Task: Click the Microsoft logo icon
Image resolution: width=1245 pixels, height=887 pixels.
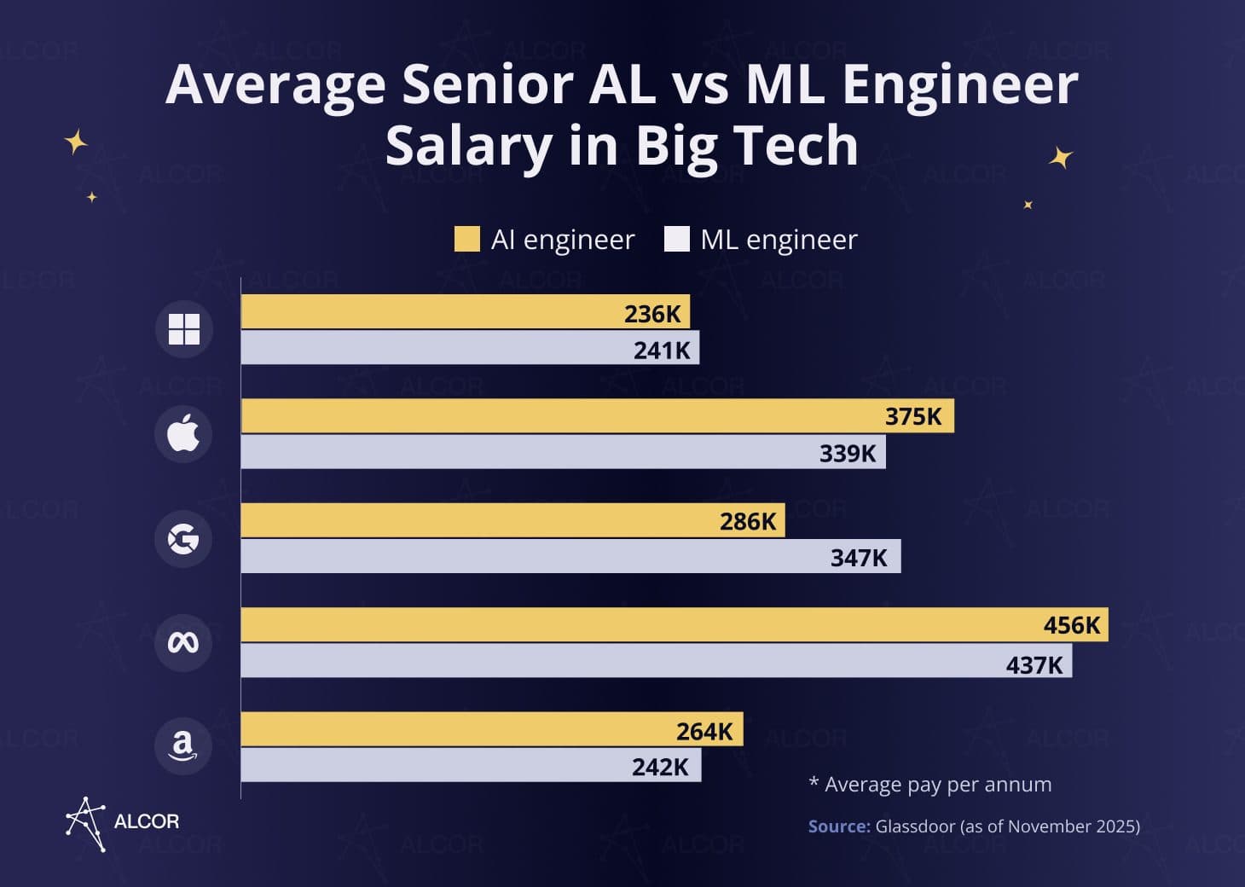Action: click(x=183, y=329)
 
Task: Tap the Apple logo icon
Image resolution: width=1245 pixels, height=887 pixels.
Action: click(x=183, y=434)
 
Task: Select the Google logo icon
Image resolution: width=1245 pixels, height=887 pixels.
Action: click(x=183, y=538)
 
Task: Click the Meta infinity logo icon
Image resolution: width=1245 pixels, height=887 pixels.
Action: click(x=183, y=642)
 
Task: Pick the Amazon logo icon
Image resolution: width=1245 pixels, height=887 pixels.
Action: click(x=183, y=746)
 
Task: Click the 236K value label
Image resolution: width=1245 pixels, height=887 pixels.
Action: click(x=652, y=314)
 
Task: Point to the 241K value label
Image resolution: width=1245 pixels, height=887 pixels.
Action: click(x=662, y=350)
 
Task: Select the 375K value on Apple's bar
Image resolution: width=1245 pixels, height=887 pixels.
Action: click(x=913, y=416)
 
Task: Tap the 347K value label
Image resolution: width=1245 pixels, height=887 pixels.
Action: click(x=859, y=558)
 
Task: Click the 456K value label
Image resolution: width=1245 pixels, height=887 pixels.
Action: click(x=1072, y=625)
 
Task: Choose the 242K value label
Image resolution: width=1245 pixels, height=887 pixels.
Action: click(x=660, y=767)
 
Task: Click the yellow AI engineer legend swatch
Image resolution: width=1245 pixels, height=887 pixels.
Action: click(x=467, y=240)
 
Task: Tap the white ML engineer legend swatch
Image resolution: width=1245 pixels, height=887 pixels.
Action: click(x=676, y=240)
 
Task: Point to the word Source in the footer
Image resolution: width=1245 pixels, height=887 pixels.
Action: click(x=838, y=826)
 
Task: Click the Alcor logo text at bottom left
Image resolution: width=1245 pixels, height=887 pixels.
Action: click(x=146, y=821)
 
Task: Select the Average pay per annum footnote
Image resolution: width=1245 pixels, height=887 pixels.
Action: click(x=930, y=785)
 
